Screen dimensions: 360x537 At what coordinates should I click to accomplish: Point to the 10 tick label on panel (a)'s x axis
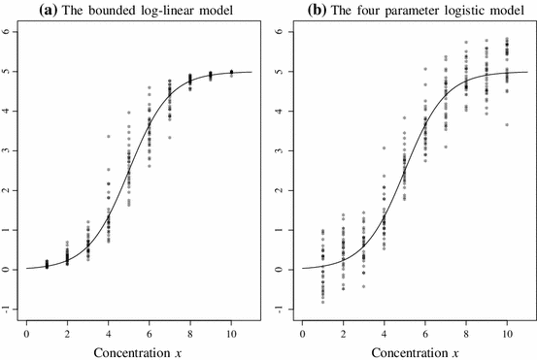tap(231, 322)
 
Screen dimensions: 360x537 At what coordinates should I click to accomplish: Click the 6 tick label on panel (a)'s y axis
tap(7, 30)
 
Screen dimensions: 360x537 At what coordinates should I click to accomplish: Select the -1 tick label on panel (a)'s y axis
tap(7, 310)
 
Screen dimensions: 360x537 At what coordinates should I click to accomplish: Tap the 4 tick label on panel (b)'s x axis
tap(384, 322)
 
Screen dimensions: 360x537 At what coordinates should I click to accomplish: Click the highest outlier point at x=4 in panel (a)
tap(108, 137)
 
